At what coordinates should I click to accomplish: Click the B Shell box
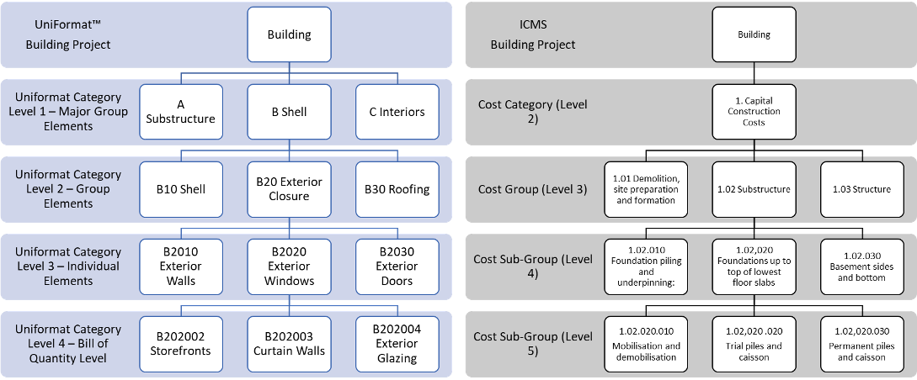click(289, 112)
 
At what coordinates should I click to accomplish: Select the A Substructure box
click(181, 112)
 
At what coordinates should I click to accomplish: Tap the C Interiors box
click(397, 112)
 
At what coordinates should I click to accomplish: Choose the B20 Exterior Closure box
click(289, 189)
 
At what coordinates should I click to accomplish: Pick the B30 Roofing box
click(397, 189)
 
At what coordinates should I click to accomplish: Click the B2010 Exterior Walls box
click(181, 266)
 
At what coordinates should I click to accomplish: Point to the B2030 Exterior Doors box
click(397, 266)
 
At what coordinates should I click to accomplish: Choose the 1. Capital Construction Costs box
click(754, 112)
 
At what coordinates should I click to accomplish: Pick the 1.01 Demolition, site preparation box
click(647, 189)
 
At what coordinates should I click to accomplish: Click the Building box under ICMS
click(754, 35)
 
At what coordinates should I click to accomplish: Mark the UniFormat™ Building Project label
click(68, 35)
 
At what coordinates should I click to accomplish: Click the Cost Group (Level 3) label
click(532, 189)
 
